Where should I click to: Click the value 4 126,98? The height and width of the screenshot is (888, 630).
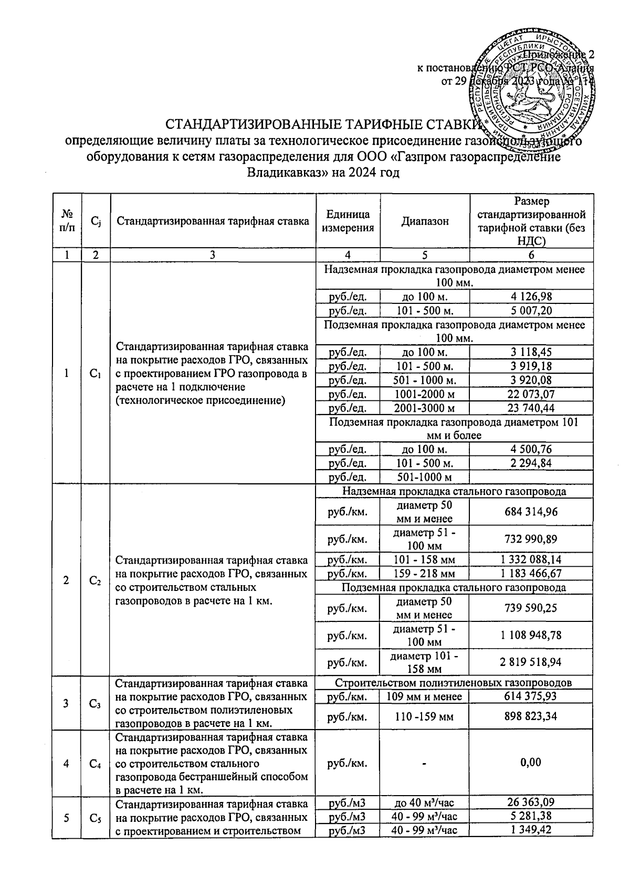[x=531, y=297]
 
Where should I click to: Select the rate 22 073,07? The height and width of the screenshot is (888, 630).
[x=531, y=394]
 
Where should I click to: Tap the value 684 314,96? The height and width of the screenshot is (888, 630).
[x=531, y=512]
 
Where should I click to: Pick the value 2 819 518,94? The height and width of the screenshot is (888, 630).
[x=531, y=662]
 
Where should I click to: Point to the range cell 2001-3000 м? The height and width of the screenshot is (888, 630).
[x=424, y=408]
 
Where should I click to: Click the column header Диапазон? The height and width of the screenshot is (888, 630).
[x=425, y=221]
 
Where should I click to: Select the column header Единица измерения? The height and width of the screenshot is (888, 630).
[x=348, y=221]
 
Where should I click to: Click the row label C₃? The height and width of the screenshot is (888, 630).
[x=95, y=704]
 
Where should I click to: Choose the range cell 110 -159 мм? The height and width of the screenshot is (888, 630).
[x=424, y=716]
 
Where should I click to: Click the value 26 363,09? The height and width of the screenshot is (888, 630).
[x=531, y=802]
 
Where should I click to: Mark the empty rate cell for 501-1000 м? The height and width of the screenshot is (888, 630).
[x=531, y=477]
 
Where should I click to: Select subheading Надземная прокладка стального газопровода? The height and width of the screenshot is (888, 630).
[x=454, y=492]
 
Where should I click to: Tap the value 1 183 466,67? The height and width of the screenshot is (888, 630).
[x=531, y=574]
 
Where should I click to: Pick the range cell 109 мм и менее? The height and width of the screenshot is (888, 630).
[x=424, y=696]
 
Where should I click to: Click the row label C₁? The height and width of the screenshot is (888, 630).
[x=95, y=374]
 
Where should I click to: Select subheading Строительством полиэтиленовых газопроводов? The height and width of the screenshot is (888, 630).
[x=454, y=683]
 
